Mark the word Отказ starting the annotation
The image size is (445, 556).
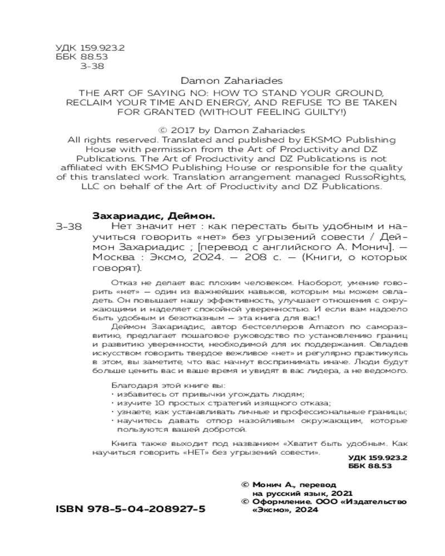[x=122, y=281]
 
